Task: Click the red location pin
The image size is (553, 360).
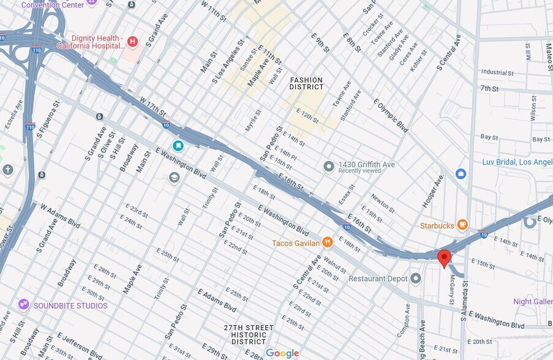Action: pyautogui.click(x=445, y=258)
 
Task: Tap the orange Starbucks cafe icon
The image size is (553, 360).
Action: pyautogui.click(x=462, y=225)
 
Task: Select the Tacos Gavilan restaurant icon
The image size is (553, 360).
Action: pyautogui.click(x=328, y=242)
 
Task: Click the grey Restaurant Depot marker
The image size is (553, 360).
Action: pyautogui.click(x=416, y=279)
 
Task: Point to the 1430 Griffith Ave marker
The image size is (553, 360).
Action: pyautogui.click(x=329, y=167)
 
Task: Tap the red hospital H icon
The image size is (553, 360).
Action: pyautogui.click(x=132, y=42)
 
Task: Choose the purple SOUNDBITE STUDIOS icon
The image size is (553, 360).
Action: pyautogui.click(x=24, y=304)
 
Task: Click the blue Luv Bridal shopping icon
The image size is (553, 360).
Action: pyautogui.click(x=461, y=174)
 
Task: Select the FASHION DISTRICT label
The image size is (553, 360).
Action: pyautogui.click(x=306, y=84)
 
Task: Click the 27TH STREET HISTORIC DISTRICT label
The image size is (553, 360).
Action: pyautogui.click(x=249, y=334)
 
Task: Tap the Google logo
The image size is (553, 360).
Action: pyautogui.click(x=282, y=353)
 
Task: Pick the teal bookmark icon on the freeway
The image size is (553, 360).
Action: pyautogui.click(x=178, y=146)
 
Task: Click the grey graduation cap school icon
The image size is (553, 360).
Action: pyautogui.click(x=175, y=178)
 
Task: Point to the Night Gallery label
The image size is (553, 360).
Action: pyautogui.click(x=532, y=301)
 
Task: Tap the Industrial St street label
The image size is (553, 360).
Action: pyautogui.click(x=497, y=72)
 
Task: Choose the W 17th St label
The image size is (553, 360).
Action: pyautogui.click(x=153, y=105)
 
